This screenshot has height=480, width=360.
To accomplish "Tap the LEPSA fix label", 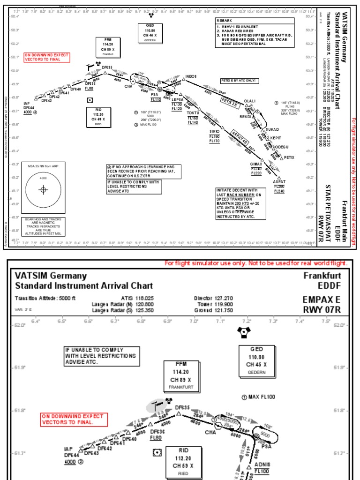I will tap(177, 100).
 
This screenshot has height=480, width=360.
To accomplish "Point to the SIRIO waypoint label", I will tap(214, 132).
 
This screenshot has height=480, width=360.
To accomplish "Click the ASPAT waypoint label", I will tap(279, 182).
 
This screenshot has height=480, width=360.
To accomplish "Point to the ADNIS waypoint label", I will tap(262, 465).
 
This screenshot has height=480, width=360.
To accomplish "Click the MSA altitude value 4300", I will tap(43, 178).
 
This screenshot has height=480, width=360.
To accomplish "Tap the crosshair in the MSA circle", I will tap(43, 190).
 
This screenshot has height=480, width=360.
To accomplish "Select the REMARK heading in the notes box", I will tap(225, 21).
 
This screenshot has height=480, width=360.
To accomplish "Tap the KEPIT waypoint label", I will tap(276, 138).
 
